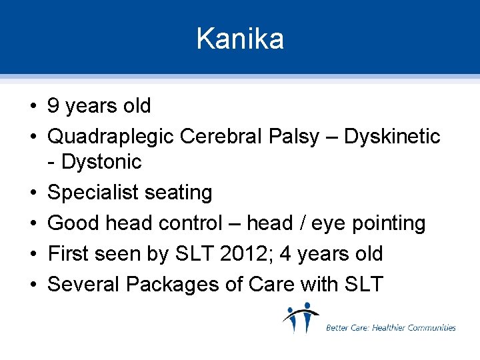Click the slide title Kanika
coord(240,39)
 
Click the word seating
coord(177,193)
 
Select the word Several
coord(84,285)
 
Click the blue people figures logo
coord(301,318)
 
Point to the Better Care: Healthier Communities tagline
coord(391,327)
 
